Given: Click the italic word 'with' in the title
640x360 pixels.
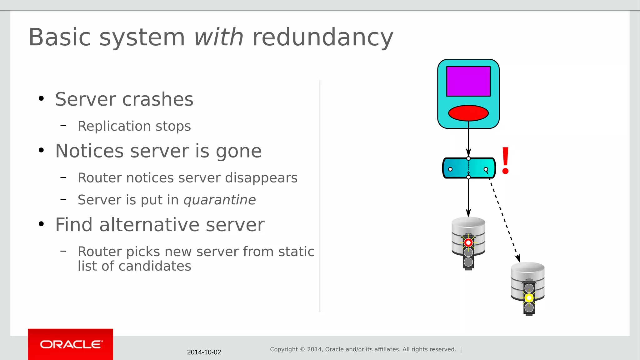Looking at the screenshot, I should [x=218, y=37].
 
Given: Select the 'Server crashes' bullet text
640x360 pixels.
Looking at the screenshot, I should [x=124, y=99].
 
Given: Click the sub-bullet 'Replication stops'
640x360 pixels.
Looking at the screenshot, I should [x=134, y=126].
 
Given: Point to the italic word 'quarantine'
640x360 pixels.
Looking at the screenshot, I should [x=220, y=200].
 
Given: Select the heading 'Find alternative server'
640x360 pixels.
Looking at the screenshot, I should [x=160, y=225].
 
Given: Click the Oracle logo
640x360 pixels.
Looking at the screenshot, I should [x=71, y=344].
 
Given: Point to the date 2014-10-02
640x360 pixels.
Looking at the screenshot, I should [x=204, y=352].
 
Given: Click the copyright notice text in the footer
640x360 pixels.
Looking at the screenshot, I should [x=363, y=349].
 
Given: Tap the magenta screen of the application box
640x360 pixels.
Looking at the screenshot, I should [x=468, y=81].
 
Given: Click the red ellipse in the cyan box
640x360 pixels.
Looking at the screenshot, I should [x=468, y=113].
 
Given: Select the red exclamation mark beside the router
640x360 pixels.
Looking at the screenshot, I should [x=505, y=161].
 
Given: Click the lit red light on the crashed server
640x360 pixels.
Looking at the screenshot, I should [x=468, y=242].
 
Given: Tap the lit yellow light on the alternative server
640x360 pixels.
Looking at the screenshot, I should [x=529, y=298].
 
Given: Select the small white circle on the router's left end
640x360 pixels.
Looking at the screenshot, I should [x=450, y=169].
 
